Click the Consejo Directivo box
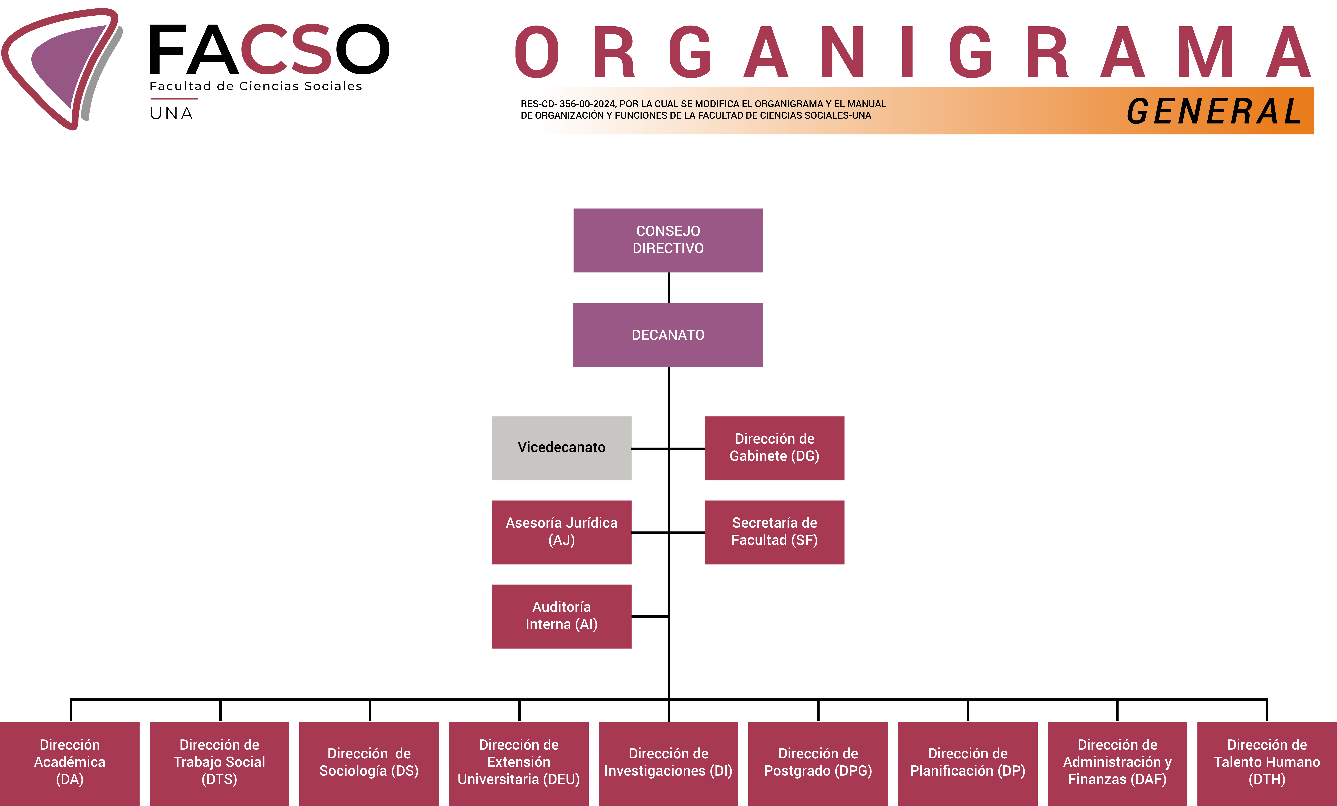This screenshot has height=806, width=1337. [x=668, y=240]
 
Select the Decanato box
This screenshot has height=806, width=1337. [x=668, y=335]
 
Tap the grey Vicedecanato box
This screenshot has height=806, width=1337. [x=562, y=448]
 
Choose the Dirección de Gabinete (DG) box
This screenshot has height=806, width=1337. [x=774, y=448]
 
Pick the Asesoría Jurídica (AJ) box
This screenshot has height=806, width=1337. [x=562, y=532]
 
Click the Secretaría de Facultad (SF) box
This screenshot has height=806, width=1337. [x=774, y=532]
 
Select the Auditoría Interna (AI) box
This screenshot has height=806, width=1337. [x=562, y=616]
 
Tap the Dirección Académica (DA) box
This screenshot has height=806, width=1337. [x=69, y=764]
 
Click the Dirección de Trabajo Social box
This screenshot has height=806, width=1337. [x=219, y=764]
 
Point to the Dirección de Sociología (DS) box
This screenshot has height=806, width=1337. [x=369, y=764]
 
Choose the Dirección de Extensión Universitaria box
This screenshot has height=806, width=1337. [x=519, y=764]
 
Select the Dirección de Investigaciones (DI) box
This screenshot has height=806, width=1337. [x=668, y=764]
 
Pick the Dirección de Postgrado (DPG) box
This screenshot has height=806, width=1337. [x=818, y=764]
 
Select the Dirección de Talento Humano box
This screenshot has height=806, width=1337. [x=1267, y=764]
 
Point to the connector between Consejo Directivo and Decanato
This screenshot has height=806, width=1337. [x=668, y=287]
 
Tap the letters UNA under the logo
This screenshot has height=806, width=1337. [x=171, y=113]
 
